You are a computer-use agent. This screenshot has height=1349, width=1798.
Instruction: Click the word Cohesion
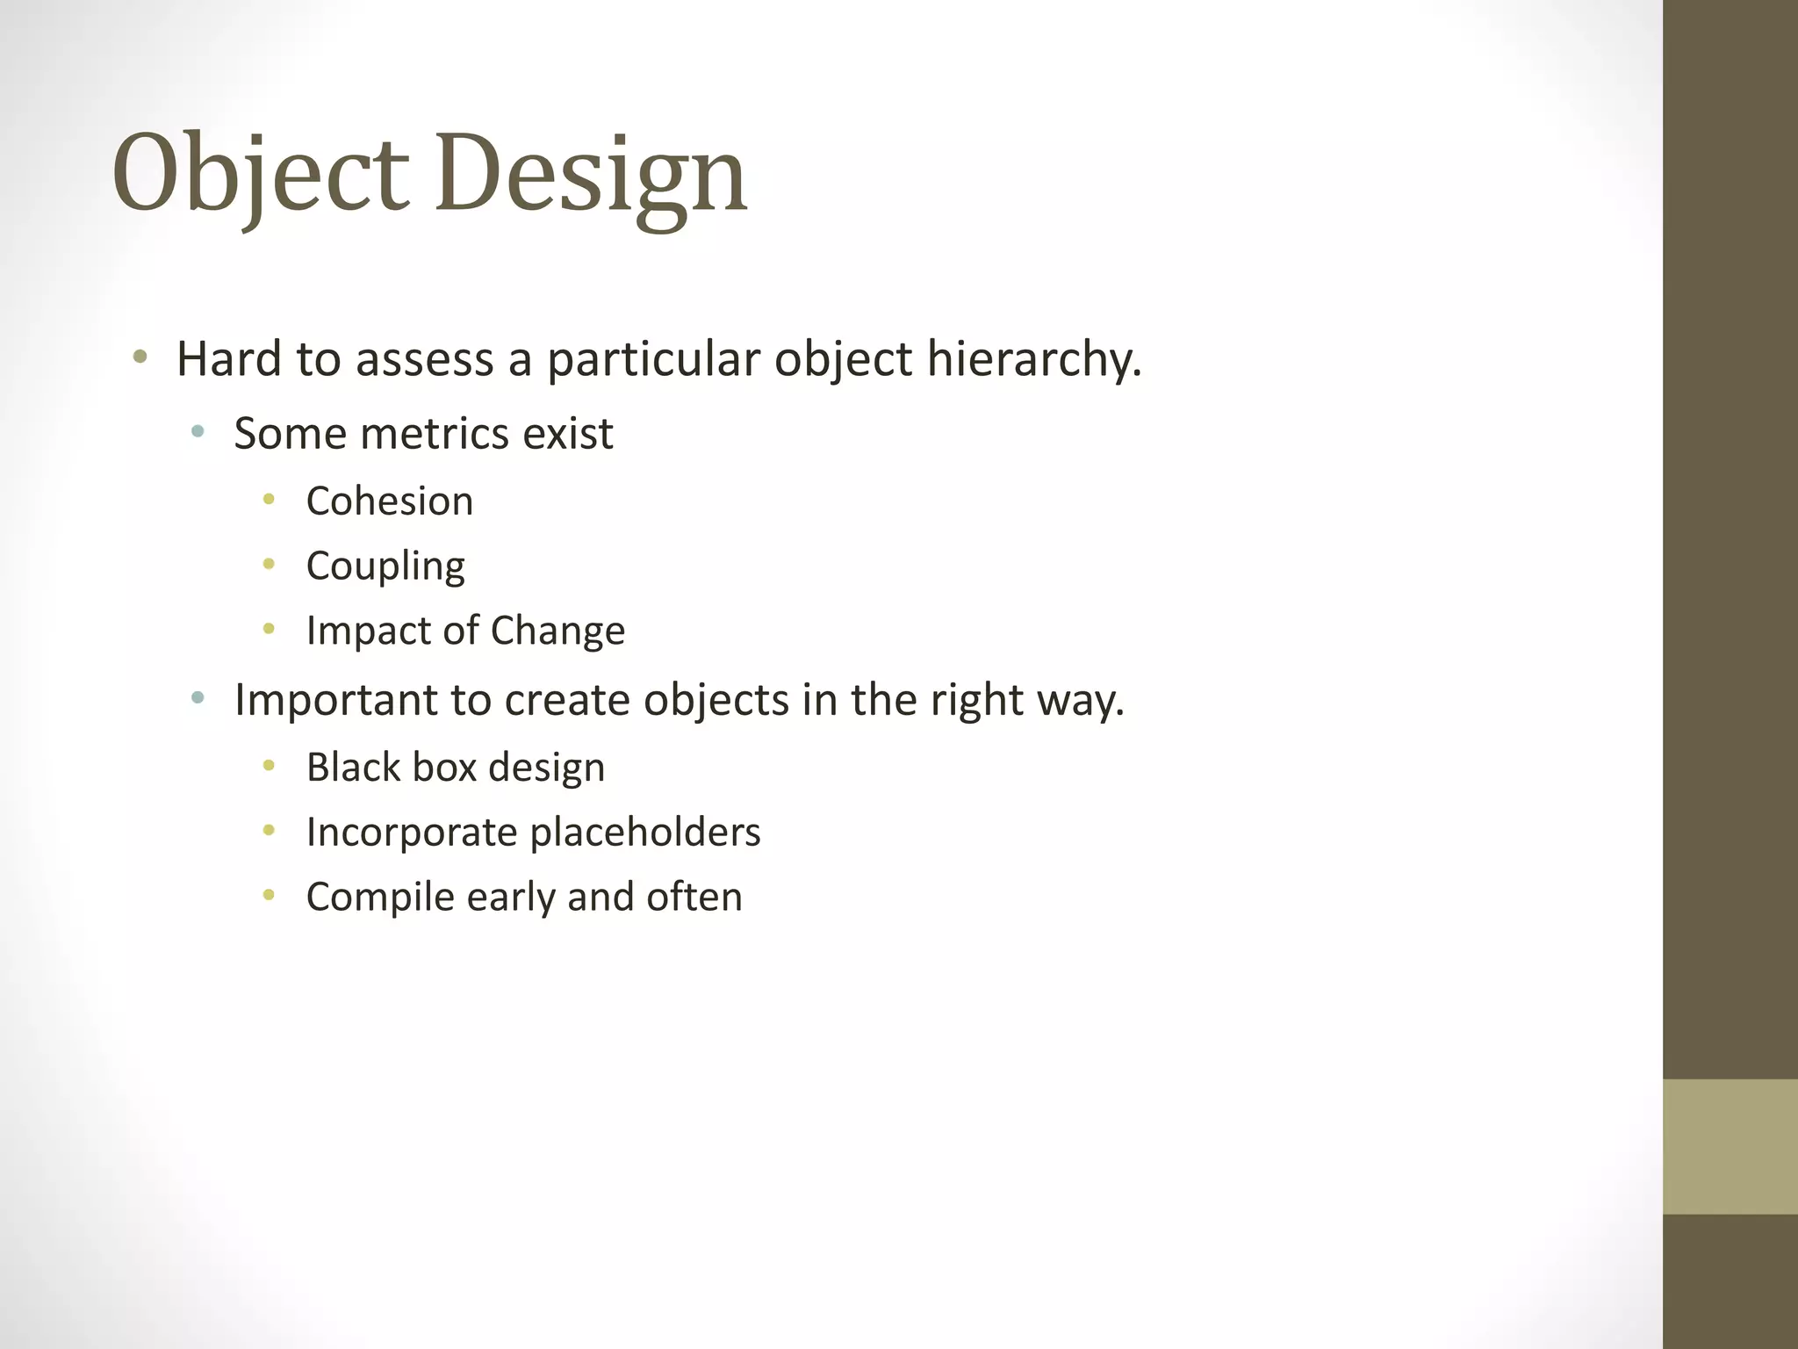tap(390, 501)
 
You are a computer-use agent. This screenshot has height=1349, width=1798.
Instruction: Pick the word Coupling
tap(385, 566)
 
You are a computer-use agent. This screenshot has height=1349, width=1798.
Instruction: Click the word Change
tap(557, 631)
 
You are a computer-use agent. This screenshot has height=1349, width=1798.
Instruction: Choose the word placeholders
tap(645, 833)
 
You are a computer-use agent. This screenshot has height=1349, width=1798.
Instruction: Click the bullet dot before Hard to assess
tap(140, 357)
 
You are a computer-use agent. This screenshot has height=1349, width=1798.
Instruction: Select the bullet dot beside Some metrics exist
tap(198, 431)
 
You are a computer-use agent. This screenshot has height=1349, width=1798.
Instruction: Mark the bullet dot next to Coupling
tap(270, 565)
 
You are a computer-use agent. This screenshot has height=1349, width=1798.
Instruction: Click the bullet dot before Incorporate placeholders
tap(270, 830)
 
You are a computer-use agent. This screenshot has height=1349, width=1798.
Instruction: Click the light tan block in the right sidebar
tap(1730, 1146)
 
